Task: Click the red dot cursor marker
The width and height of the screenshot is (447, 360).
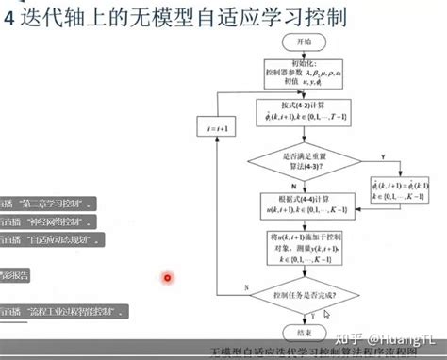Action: (168, 278)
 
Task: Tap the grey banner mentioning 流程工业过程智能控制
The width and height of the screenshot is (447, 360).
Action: (66, 310)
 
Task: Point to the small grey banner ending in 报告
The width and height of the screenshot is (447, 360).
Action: (15, 275)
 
